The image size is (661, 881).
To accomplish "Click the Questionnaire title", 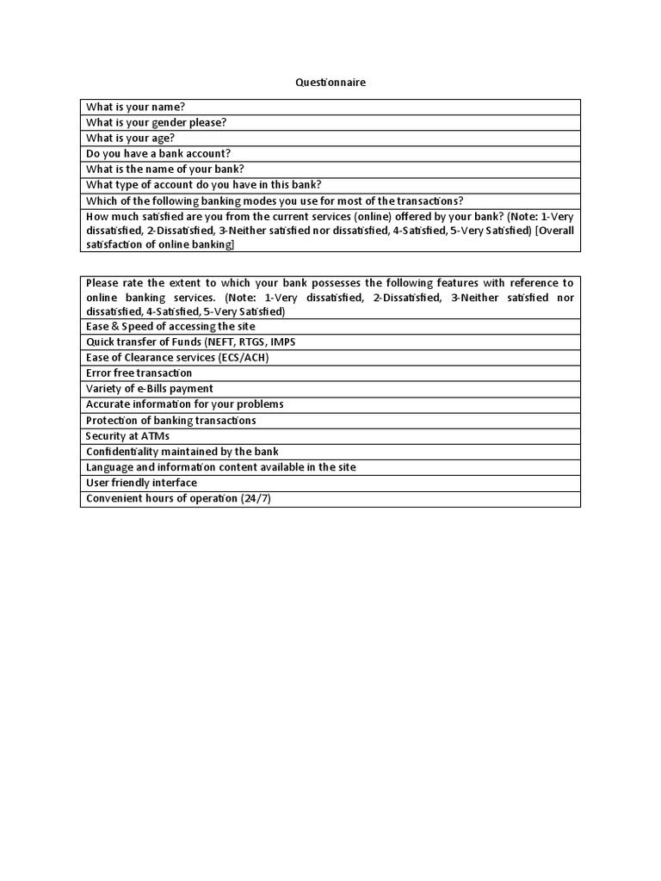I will click(x=330, y=83).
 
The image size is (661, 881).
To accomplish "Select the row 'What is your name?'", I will click(x=136, y=107).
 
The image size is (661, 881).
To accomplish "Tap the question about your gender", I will click(x=156, y=122).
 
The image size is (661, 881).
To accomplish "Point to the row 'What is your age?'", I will click(x=130, y=138).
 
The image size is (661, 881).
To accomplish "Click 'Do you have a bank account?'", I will click(x=158, y=154).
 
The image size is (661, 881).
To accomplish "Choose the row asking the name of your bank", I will click(x=164, y=169).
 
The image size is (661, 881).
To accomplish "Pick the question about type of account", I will click(x=203, y=185).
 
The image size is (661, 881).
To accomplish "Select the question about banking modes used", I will click(x=275, y=200).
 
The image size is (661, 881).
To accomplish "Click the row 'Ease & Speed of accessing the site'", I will click(x=170, y=326).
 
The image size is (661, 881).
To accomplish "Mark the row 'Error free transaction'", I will click(x=139, y=373).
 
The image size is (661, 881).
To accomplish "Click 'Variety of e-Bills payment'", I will click(x=150, y=389).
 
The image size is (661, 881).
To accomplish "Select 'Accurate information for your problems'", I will click(x=184, y=404).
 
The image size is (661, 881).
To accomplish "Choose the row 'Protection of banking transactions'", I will click(x=170, y=421).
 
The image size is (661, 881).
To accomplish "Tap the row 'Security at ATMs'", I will click(x=127, y=436).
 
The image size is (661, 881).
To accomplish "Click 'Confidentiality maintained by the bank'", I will click(x=182, y=452).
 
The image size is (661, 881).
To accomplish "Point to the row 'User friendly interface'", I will click(x=141, y=483).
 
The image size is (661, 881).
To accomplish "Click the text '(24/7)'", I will click(x=256, y=499).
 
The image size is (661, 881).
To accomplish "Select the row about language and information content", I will click(x=220, y=467).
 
